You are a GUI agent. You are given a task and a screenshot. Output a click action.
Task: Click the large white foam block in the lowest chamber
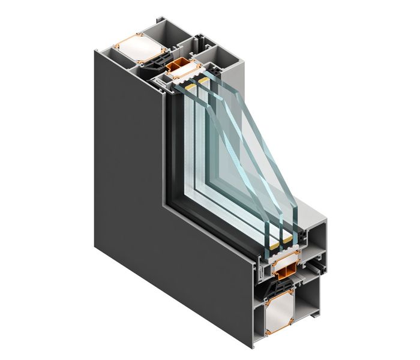click(274, 313)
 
